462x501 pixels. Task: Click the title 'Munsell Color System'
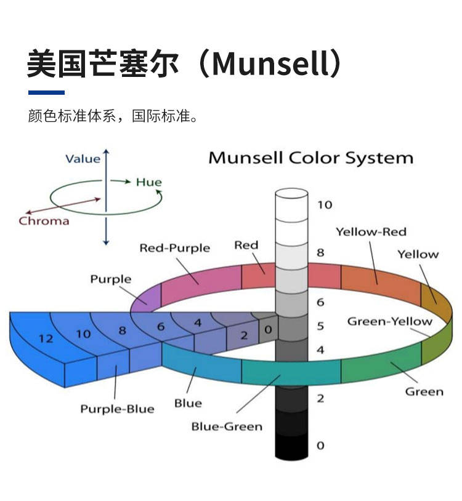point(310,158)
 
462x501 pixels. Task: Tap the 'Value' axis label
point(83,159)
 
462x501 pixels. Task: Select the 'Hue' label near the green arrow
point(148,182)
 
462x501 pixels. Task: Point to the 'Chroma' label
point(44,221)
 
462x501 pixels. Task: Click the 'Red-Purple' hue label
point(174,248)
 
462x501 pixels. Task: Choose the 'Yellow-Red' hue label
point(371,232)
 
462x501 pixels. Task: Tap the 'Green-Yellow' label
point(389,321)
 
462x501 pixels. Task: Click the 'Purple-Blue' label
point(117,409)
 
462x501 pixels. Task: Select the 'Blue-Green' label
point(227,426)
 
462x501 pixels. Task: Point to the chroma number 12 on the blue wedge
point(46,339)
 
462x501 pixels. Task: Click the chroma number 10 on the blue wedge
point(84,334)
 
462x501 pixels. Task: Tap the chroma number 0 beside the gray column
point(267,330)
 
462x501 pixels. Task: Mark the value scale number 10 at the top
point(324,205)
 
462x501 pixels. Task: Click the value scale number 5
point(320,326)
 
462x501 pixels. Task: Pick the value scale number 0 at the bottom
point(320,445)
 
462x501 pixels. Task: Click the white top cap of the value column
point(291,194)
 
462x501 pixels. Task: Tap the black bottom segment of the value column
point(291,446)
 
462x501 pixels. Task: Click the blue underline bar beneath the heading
point(46,92)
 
